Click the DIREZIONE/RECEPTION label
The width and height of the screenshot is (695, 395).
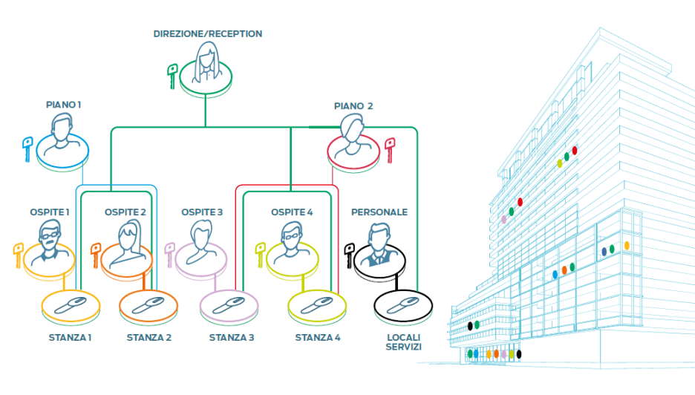pos(208,34)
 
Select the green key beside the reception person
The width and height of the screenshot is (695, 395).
pos(172,76)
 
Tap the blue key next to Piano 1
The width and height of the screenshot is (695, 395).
pos(27,148)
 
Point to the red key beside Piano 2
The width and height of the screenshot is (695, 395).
pos(389,150)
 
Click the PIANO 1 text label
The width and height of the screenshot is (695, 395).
pos(62,105)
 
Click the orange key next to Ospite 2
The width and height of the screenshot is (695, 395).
pos(95,254)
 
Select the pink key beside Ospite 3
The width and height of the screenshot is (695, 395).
pos(169,254)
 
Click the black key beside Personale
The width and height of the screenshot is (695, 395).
pos(347,254)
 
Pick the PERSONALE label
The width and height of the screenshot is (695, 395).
pos(379,212)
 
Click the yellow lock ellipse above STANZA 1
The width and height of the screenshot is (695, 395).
pos(65,304)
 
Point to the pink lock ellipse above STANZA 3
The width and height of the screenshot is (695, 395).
pos(228,304)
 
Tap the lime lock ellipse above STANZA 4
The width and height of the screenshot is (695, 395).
pos(316,304)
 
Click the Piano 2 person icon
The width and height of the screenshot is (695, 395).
pos(353,138)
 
